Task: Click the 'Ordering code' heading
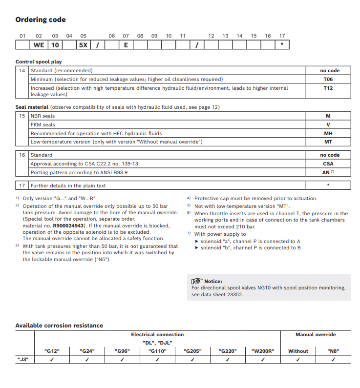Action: [x=41, y=20]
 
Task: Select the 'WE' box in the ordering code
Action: [x=39, y=45]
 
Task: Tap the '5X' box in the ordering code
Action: [x=84, y=45]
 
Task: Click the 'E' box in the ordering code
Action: [x=126, y=45]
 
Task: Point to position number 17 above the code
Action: [x=282, y=36]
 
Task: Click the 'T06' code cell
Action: [x=328, y=79]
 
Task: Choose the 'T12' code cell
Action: [x=328, y=88]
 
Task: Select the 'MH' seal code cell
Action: [x=328, y=133]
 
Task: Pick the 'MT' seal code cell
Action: [x=328, y=142]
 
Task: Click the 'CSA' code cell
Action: [x=328, y=164]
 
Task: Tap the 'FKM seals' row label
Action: [x=43, y=124]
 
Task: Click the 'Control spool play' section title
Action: [x=39, y=62]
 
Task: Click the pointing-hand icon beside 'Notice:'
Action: [x=197, y=281]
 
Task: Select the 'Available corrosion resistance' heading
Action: [x=59, y=326]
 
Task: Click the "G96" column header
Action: [x=122, y=351]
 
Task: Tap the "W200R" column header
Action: [x=263, y=351]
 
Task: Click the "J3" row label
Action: [x=22, y=360]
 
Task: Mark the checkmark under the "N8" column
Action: [x=333, y=360]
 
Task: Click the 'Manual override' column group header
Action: [x=316, y=335]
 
